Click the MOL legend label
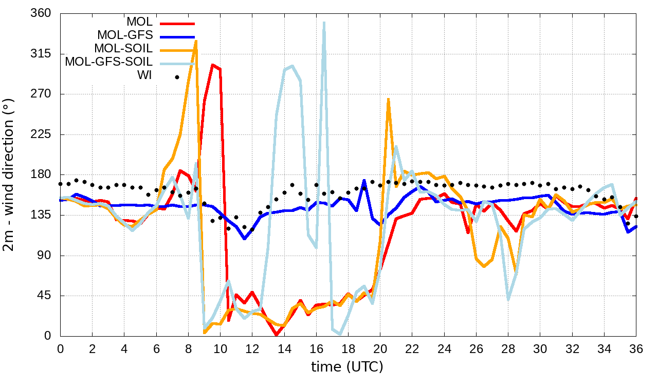coord(139,22)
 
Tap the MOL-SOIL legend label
coord(123,49)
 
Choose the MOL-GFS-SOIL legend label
coord(109,62)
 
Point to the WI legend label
coord(144,75)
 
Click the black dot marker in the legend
coord(177,77)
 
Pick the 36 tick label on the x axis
coord(636,348)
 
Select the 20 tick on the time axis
coord(380,348)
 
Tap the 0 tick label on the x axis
coord(60,348)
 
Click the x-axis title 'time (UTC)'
coord(347,367)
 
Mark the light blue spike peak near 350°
coord(324,23)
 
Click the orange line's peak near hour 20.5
coord(388,100)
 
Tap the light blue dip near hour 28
coord(508,299)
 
